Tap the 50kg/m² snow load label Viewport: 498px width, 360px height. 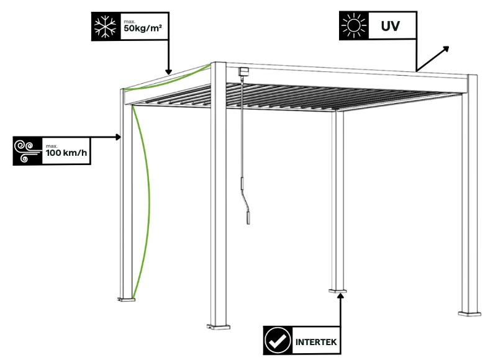tap(143, 27)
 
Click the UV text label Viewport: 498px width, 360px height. tap(390, 27)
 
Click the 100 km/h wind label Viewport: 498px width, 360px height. tap(66, 151)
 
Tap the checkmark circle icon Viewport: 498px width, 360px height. tap(277, 341)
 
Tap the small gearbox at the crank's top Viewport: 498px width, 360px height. tap(242, 71)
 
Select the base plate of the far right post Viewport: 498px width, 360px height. tap(470, 313)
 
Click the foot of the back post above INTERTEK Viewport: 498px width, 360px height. tap(339, 289)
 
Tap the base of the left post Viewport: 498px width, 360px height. tap(128, 300)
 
